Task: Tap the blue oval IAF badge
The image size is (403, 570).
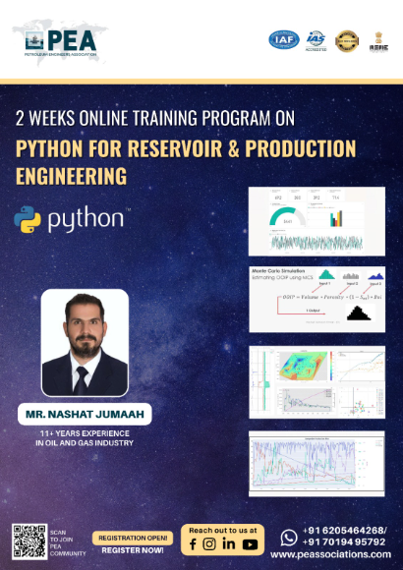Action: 282,39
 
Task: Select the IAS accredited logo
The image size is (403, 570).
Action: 316,39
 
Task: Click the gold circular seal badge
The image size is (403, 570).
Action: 347,39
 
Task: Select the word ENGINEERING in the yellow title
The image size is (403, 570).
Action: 72,176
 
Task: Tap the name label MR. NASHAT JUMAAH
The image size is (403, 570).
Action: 84,415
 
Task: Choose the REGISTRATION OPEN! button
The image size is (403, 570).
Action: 132,537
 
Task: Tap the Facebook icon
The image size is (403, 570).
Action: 193,543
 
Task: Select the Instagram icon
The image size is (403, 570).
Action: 210,543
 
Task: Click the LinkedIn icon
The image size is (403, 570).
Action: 229,543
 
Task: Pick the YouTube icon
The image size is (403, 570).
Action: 250,543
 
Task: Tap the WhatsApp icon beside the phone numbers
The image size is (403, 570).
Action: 288,537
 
